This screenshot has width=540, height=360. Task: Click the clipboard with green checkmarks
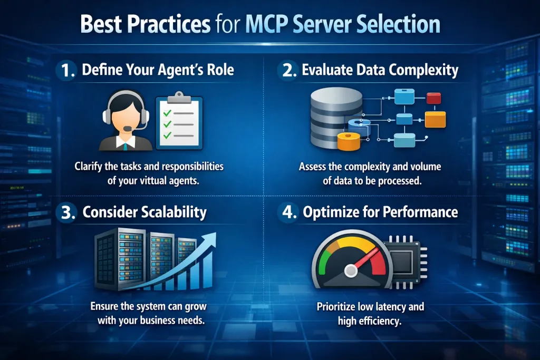coord(179,120)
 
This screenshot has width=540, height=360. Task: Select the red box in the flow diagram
coord(433,98)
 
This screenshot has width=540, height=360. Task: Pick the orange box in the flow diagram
coord(435,120)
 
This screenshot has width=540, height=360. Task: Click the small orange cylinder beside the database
coord(347,141)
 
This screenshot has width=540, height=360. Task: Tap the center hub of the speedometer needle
coord(351,271)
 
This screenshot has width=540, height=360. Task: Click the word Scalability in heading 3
coord(173,213)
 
